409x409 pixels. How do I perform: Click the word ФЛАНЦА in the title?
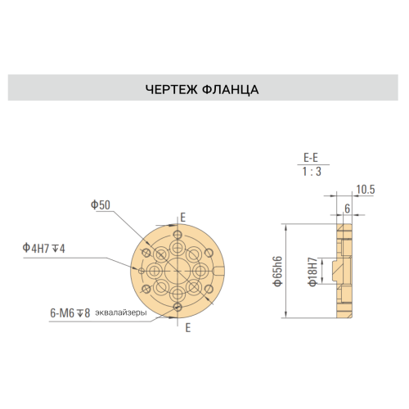(x=231, y=90)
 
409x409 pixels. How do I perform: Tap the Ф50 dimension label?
(x=101, y=204)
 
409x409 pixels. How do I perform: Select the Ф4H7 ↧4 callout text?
(x=43, y=248)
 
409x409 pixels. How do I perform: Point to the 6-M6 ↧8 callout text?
(x=70, y=313)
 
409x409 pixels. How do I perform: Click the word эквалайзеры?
(x=121, y=312)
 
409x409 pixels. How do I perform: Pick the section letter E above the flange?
(x=183, y=218)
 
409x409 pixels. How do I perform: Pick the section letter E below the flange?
(x=188, y=328)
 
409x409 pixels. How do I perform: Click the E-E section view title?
(x=311, y=158)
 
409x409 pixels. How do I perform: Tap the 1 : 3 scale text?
(x=312, y=172)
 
